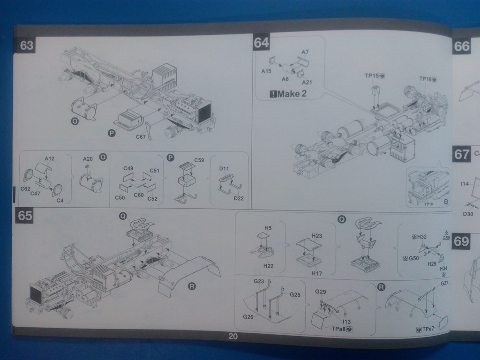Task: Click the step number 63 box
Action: [x=27, y=45]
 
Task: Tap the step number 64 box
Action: [x=261, y=43]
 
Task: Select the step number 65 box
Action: [x=25, y=216]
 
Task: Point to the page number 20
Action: [x=233, y=336]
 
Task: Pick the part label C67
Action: [x=141, y=137]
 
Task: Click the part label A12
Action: [x=49, y=158]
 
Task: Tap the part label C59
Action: [x=199, y=160]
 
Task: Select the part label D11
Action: [x=224, y=168]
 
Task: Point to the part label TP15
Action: [x=373, y=75]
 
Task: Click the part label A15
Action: [x=266, y=71]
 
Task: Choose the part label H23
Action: [x=316, y=235]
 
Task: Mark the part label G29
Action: [x=321, y=292]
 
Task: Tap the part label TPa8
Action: [x=336, y=329]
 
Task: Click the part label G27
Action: [x=444, y=283]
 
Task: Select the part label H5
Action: [x=268, y=228]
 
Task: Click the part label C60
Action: [x=138, y=195]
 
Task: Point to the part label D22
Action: [x=238, y=198]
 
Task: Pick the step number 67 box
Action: [x=462, y=154]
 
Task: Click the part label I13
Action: [x=346, y=321]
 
